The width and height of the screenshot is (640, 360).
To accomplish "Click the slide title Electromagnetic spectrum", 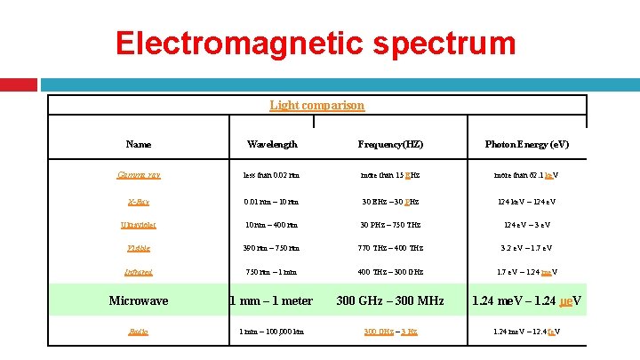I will pos(316,43).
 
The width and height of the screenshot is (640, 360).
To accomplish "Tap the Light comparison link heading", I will pos(316,105).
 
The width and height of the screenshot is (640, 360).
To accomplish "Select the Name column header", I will pos(139,144).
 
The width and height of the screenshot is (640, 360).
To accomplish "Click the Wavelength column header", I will pos(272,144).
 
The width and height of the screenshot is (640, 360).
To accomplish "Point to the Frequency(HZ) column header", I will pos(390,144).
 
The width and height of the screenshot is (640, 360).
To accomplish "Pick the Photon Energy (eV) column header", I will pos(527,144).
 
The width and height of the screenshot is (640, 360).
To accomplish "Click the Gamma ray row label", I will pos(139,174).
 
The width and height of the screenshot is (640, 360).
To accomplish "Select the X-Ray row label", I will pos(139,201).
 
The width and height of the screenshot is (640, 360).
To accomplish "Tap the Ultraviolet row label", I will pos(139,225).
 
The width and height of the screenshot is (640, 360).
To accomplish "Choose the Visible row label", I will pos(139,248).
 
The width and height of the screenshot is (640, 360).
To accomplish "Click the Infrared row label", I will pos(139,272).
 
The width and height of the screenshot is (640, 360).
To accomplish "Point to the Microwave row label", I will pos(139,300).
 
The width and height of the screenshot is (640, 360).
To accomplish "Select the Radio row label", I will pos(139,332).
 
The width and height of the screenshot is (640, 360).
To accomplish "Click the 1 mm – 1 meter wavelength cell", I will pos(271,300).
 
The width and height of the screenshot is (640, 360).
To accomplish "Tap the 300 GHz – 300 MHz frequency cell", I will pos(390,300).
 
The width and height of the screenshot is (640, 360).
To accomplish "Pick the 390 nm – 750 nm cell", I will pos(271,248).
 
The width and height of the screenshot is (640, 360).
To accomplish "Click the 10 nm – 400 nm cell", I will pos(271,225).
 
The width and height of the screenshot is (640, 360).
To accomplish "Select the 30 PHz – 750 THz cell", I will pos(390,225).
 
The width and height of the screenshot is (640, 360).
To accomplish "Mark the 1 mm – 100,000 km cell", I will pos(271,332).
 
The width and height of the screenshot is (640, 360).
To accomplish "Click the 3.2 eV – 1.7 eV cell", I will pos(527,248).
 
